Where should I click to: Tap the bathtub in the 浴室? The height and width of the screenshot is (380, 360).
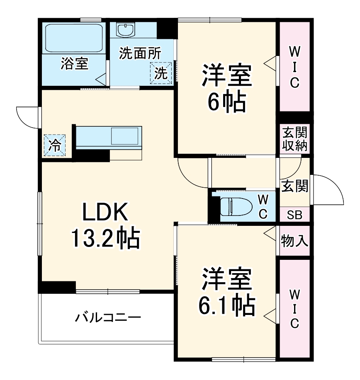(x=75, y=38)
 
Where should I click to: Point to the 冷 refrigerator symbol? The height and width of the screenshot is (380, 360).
(x=55, y=145)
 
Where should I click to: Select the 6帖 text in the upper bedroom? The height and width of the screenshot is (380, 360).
(x=226, y=102)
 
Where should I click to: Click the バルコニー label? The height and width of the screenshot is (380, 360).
(x=108, y=318)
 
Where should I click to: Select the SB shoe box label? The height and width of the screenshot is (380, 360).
(x=295, y=215)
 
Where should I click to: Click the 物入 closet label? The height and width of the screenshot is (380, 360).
(x=294, y=240)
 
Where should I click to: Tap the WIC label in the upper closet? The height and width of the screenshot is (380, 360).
(x=294, y=67)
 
